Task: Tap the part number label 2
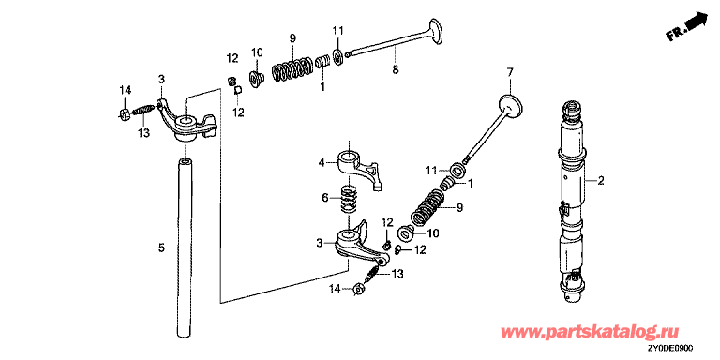[x=601, y=181]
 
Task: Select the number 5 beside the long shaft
[x=161, y=247]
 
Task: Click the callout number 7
[x=509, y=72]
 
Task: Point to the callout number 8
[x=396, y=69]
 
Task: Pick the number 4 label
[x=322, y=162]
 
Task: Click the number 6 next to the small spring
[x=324, y=198]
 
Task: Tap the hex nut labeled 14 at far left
[x=124, y=113]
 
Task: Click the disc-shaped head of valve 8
[x=437, y=31]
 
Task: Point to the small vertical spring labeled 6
[x=350, y=199]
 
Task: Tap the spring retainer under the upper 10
[x=255, y=79]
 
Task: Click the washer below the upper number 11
[x=338, y=57]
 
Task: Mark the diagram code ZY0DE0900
[x=670, y=349]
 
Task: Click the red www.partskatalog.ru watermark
[x=589, y=332]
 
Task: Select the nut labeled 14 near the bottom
[x=358, y=290]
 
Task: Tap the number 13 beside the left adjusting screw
[x=144, y=133]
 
